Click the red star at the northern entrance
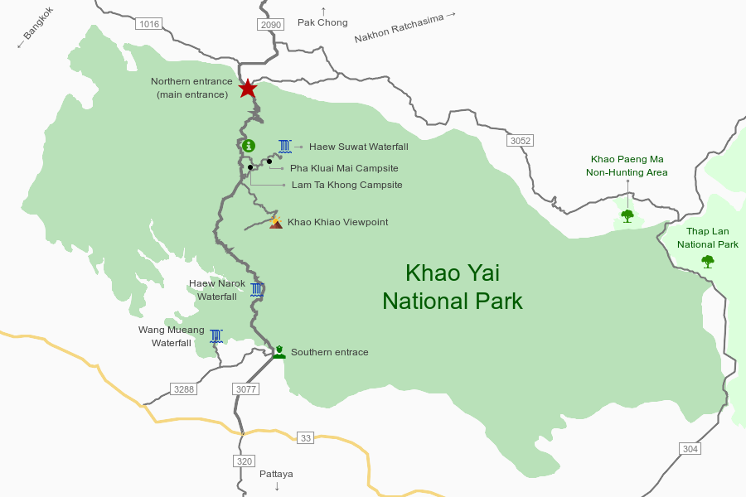(248, 88)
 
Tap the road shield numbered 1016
(148, 24)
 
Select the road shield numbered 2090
(271, 24)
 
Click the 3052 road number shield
(520, 141)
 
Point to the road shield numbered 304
(690, 448)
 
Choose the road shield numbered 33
(306, 437)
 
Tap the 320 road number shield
(243, 461)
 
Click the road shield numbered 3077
(246, 388)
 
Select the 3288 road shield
(182, 388)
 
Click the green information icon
(249, 146)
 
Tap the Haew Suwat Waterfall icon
(285, 147)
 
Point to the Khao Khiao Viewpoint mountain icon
(276, 222)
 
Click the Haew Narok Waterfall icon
(257, 289)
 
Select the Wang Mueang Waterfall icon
(216, 335)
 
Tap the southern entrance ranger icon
(280, 352)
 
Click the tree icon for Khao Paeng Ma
(627, 216)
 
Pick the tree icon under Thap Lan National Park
(707, 262)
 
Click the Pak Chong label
(322, 22)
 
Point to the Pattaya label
(276, 474)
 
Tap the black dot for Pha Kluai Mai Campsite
(269, 161)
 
